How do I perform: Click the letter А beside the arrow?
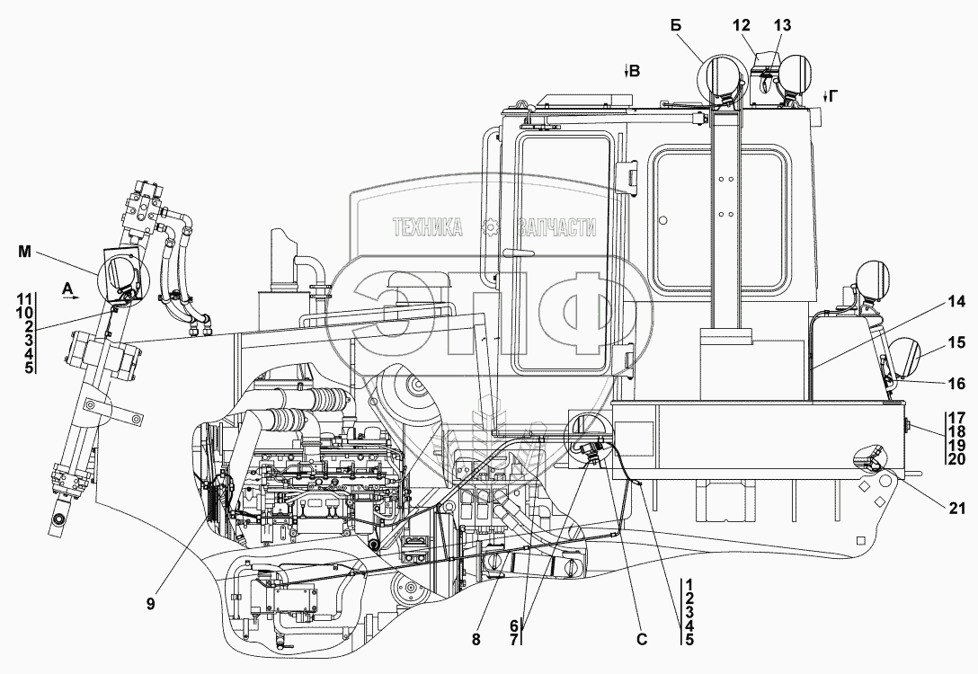coord(68,288)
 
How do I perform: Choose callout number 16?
coord(955,384)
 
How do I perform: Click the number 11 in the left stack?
coord(24,297)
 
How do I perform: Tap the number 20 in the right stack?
coord(955,458)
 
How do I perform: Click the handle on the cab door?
coord(519,252)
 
